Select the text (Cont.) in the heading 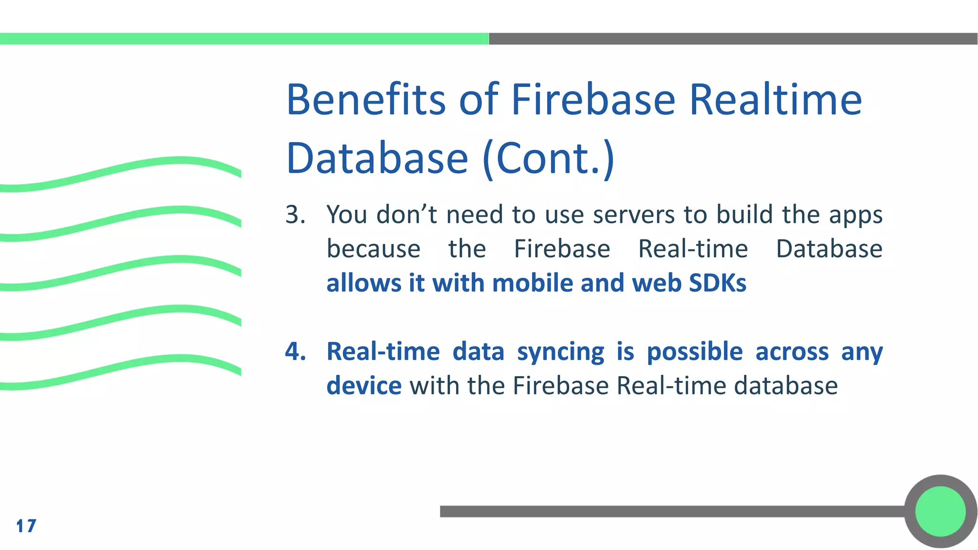point(548,159)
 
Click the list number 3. point(295,214)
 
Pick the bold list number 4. point(295,351)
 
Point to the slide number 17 point(26,526)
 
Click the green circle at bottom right point(940,511)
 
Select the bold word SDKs point(718,283)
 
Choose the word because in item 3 point(373,249)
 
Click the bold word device point(364,386)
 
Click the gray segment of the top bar point(733,39)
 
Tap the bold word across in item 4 point(792,352)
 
